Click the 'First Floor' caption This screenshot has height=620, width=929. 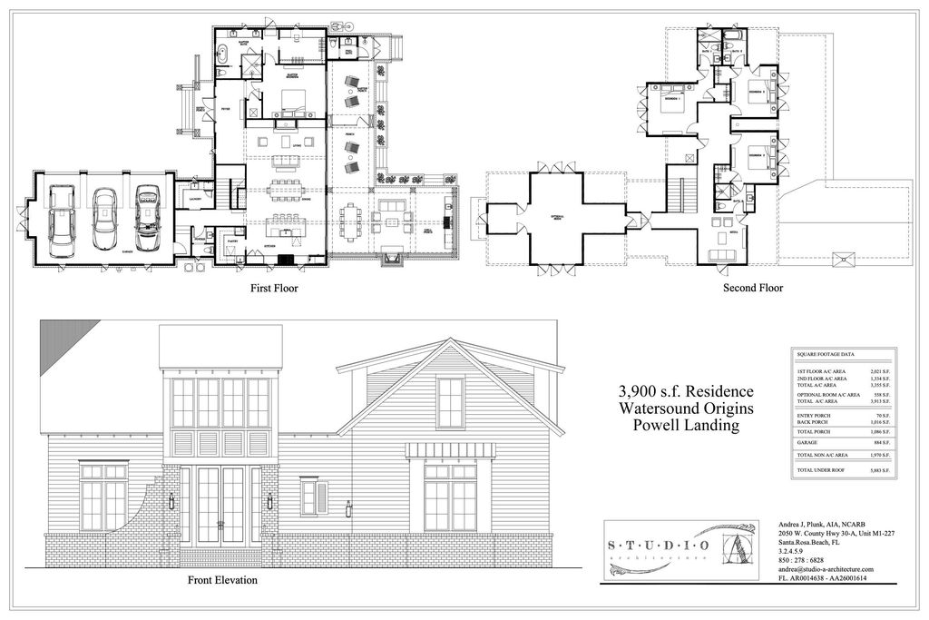point(274,289)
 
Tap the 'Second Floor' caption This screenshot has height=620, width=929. point(752,289)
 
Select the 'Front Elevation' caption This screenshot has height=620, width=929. point(222,580)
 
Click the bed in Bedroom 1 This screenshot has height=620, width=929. point(672,102)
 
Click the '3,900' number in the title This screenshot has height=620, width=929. point(637,391)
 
